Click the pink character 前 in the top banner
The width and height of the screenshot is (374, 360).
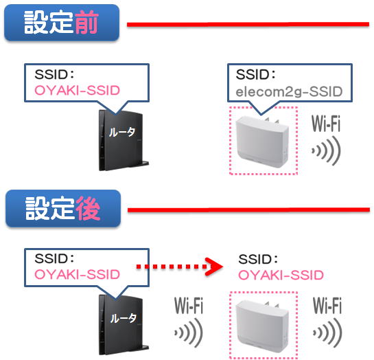[86, 22]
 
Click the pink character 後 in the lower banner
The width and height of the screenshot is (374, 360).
[88, 208]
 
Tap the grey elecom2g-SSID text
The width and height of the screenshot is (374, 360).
[289, 92]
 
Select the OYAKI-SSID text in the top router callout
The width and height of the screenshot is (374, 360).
[77, 90]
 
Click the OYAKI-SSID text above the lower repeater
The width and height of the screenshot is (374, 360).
[281, 275]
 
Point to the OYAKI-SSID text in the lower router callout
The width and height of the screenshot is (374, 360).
[77, 274]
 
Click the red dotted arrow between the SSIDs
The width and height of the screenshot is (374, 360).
[180, 267]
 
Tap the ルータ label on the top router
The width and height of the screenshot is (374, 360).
[122, 132]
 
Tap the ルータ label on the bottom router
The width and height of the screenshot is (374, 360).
[123, 318]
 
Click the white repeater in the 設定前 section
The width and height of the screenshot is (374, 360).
[262, 142]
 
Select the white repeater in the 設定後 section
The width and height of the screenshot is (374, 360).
[262, 326]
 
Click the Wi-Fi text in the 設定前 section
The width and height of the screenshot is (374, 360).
[326, 124]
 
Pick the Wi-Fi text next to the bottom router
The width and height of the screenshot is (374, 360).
[189, 305]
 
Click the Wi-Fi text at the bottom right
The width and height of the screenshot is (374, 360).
[327, 305]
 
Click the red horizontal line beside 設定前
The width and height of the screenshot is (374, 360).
[248, 24]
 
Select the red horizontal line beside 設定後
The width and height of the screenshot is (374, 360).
[249, 210]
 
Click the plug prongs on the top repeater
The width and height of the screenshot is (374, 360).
[272, 121]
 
